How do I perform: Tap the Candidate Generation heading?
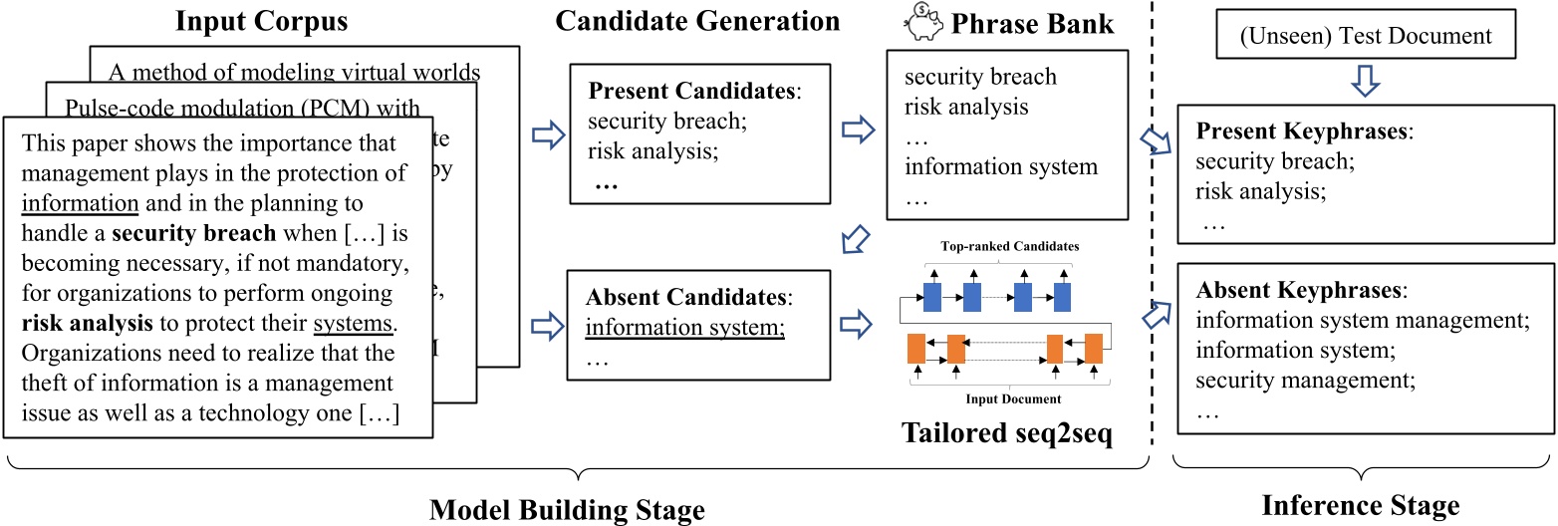(x=697, y=20)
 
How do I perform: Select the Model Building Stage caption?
(x=567, y=510)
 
